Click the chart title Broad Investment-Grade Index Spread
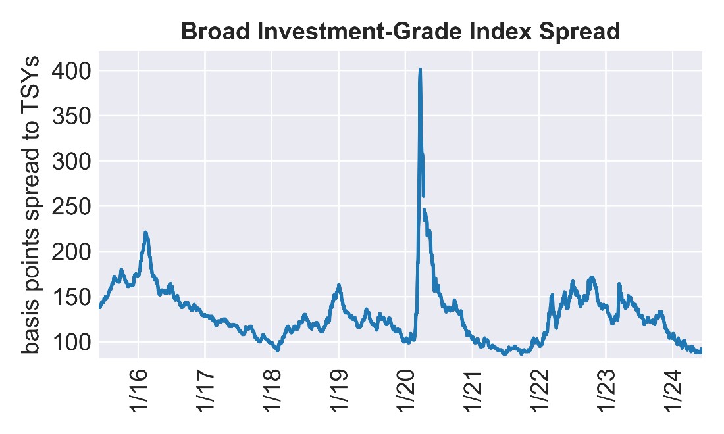point(400,32)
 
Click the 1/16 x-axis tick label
point(139,395)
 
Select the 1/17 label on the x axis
point(205,395)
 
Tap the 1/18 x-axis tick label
point(272,395)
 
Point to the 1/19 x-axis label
point(339,395)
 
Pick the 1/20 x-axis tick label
point(405,395)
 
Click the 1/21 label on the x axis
point(473,395)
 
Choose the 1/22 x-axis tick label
point(539,395)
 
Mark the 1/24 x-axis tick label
point(672,395)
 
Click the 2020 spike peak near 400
point(420,70)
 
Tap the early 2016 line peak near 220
point(145,233)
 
